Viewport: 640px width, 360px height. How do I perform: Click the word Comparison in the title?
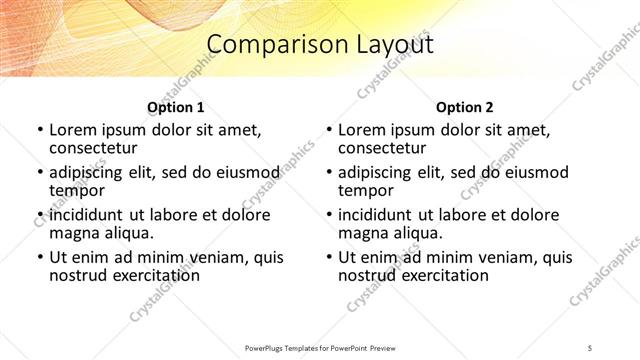(266, 45)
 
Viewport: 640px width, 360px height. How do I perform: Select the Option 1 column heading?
(175, 107)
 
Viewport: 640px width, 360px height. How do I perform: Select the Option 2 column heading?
(465, 107)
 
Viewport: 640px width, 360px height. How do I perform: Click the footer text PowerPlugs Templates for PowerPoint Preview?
(319, 347)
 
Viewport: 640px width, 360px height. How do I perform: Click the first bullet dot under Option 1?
(39, 130)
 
